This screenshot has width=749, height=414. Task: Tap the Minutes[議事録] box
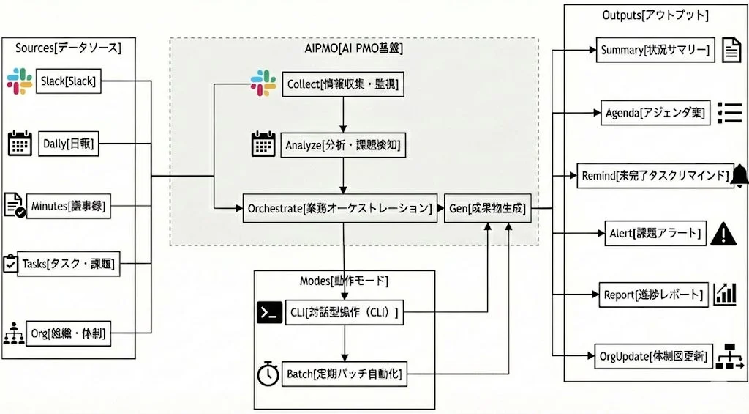point(68,207)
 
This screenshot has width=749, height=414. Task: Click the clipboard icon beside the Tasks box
point(10,264)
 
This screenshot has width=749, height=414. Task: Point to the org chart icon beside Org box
point(13,333)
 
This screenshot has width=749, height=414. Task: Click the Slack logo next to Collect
point(263,82)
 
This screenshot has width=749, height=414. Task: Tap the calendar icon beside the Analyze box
point(263,144)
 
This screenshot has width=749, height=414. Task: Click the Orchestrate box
point(339,208)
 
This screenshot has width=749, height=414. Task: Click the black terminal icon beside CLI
point(269,312)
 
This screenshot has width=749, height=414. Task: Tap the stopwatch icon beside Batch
point(268,374)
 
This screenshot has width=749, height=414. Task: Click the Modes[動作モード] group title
point(344,281)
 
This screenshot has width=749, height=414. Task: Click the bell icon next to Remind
point(739,175)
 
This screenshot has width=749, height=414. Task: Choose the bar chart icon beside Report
point(725,294)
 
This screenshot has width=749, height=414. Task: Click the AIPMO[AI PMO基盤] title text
point(354,49)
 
